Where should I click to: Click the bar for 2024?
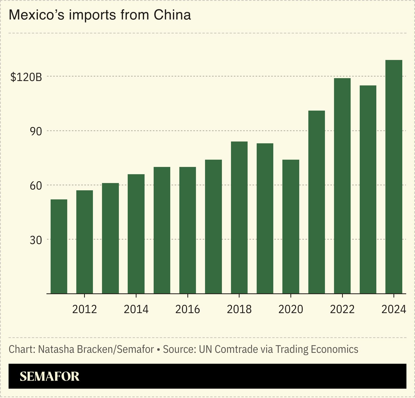(x=394, y=177)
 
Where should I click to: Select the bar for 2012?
(x=85, y=242)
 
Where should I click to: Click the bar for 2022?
(x=342, y=186)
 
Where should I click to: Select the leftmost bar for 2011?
(x=59, y=246)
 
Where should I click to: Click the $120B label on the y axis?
(x=26, y=77)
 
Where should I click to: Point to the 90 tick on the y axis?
(x=36, y=132)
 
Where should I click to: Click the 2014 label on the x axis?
(x=136, y=309)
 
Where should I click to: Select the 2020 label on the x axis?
(x=291, y=309)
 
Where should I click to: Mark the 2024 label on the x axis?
(x=393, y=309)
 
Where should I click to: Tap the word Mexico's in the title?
(x=37, y=15)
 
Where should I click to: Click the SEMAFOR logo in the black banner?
(x=50, y=376)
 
